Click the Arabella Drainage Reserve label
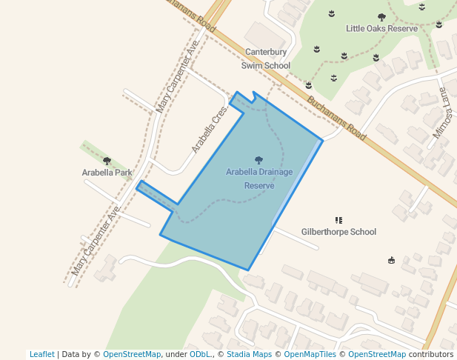tap(259, 179)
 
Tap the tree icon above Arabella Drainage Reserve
tap(258, 160)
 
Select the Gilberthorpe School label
tap(338, 232)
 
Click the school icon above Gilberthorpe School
tap(338, 220)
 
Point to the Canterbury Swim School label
tap(266, 59)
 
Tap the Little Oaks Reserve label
tap(377, 28)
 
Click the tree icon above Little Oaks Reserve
tap(381, 17)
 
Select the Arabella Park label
tap(107, 173)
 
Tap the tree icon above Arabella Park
tap(107, 161)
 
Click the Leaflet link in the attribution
tap(41, 354)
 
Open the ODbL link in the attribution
tap(199, 354)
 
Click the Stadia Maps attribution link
tap(249, 354)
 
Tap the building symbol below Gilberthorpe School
tap(391, 260)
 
